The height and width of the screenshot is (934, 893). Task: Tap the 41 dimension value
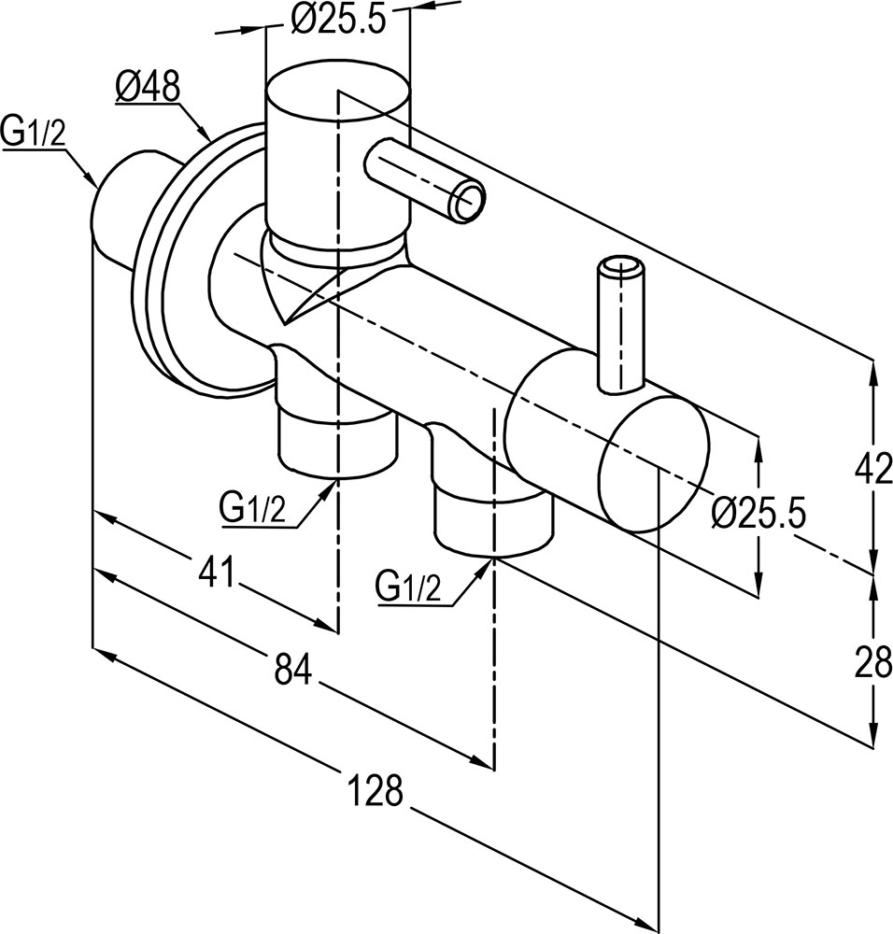point(217,573)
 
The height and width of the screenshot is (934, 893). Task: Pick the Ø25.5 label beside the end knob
point(758,513)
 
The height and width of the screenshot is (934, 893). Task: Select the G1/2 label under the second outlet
point(407,587)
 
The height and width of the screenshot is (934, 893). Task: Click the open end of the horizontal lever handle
point(470,202)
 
